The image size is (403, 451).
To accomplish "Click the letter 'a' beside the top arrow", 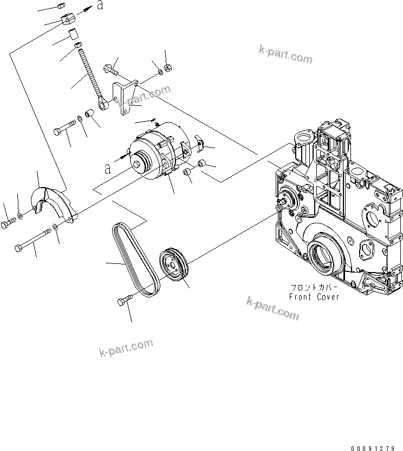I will pyautogui.click(x=99, y=6).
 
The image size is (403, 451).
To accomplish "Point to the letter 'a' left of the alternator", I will pyautogui.click(x=108, y=169).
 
